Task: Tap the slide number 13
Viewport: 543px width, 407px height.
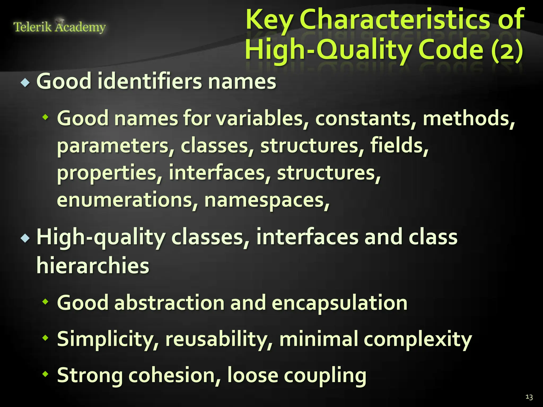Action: click(529, 397)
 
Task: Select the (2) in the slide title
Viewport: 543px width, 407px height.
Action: click(507, 50)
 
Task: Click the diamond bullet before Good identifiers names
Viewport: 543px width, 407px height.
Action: click(25, 83)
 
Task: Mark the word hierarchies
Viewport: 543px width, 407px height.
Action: click(93, 266)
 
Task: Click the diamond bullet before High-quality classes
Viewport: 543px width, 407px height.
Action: click(25, 238)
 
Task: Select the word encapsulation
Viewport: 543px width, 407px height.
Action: click(340, 303)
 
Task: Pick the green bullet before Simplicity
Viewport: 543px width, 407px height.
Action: click(46, 338)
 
